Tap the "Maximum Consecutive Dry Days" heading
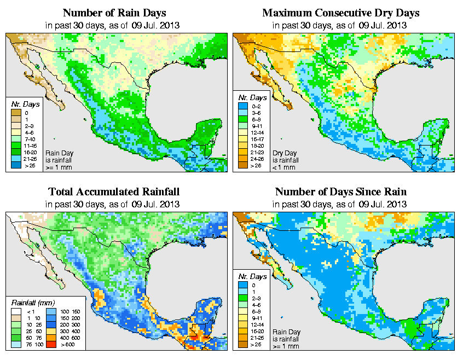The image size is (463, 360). [340, 13]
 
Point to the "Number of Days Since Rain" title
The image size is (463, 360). [340, 191]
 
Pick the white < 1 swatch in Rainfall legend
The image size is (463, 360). [17, 311]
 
